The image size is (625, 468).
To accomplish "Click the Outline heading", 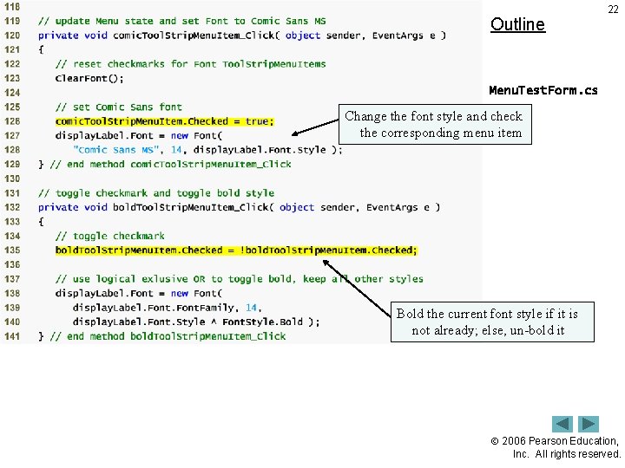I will click(517, 24).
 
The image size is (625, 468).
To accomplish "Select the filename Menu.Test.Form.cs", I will click(543, 90).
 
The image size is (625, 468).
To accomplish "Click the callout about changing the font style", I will click(434, 124).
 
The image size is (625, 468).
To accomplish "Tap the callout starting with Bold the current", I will click(487, 322).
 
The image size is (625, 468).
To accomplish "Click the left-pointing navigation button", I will click(562, 424).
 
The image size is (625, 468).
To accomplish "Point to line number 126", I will click(12, 121).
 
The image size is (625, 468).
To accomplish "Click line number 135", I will click(12, 250).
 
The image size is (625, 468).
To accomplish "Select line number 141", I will click(12, 336).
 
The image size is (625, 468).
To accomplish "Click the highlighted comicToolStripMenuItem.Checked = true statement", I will click(164, 121).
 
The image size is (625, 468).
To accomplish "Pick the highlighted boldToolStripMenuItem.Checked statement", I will click(236, 250).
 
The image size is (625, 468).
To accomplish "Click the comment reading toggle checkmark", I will click(110, 236).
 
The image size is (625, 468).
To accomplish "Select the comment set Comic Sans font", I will click(119, 107).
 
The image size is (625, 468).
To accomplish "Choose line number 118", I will click(12, 7).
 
